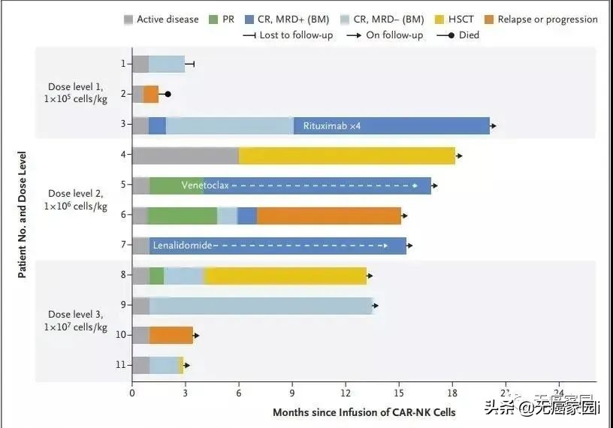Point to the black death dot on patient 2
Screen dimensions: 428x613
click(x=168, y=95)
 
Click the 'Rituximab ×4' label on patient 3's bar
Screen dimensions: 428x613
click(x=332, y=125)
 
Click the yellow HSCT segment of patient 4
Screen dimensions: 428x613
click(x=346, y=155)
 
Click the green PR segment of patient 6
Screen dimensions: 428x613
click(x=182, y=216)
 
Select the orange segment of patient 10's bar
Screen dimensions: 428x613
click(x=171, y=335)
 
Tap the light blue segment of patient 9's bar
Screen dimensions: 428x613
click(x=261, y=306)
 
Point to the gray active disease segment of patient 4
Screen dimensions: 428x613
click(x=185, y=155)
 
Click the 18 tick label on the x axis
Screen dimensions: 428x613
click(x=452, y=392)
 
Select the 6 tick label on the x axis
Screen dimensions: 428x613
click(x=239, y=392)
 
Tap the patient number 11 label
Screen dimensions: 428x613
click(x=120, y=365)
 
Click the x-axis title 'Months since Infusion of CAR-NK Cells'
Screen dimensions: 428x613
click(x=364, y=412)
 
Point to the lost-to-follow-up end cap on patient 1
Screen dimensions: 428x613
click(x=194, y=65)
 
